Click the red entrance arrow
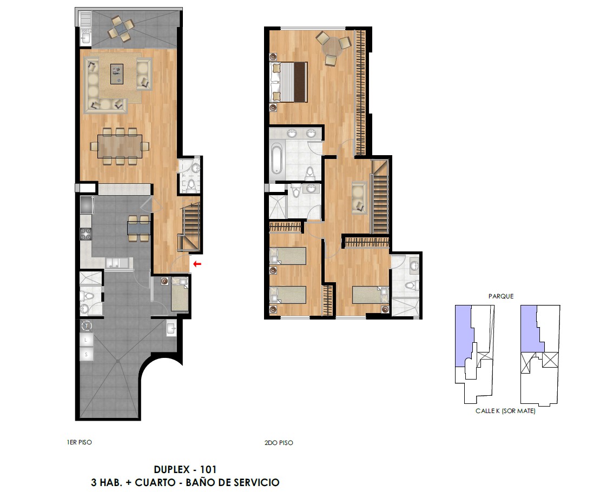(x=197, y=263)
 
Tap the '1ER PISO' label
(x=79, y=442)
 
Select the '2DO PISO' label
(x=279, y=443)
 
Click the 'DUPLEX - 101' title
(x=185, y=469)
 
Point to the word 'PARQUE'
(x=501, y=296)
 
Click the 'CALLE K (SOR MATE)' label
(x=505, y=411)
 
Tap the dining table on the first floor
(x=120, y=146)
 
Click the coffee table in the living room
(x=117, y=74)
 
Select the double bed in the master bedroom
(x=289, y=82)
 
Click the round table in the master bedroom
(x=332, y=46)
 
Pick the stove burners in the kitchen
(x=85, y=234)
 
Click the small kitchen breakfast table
(x=139, y=228)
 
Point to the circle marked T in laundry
(x=88, y=325)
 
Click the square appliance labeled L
(x=87, y=340)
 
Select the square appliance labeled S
(x=87, y=354)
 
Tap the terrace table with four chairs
(x=121, y=28)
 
